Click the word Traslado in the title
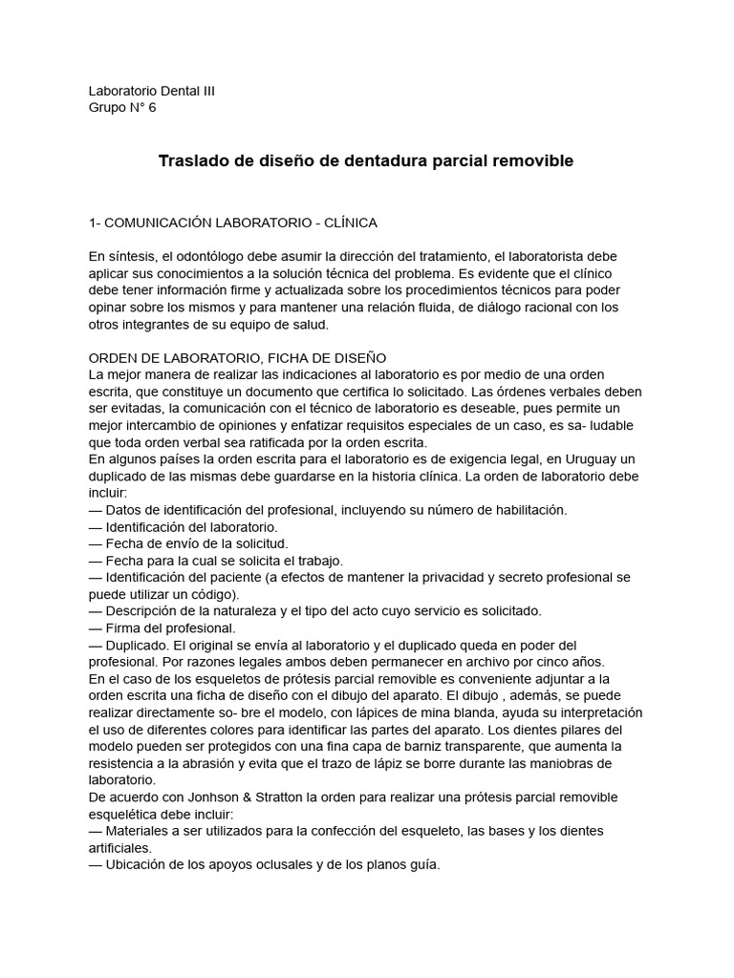click(189, 161)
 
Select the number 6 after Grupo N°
click(151, 107)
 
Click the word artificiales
click(119, 847)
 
